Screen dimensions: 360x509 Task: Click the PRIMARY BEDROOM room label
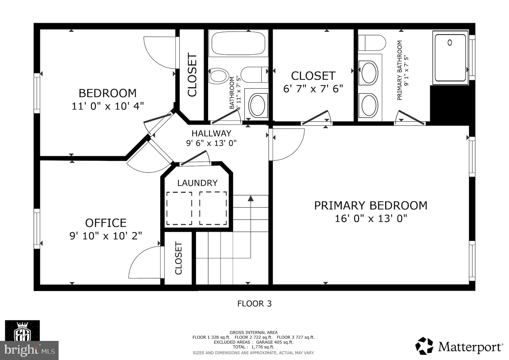tap(371, 206)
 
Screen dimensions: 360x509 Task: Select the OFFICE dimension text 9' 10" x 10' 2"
tap(106, 236)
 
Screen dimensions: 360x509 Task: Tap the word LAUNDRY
tap(197, 183)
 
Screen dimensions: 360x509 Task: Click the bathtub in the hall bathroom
tap(238, 43)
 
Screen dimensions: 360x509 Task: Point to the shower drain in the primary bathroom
tap(450, 42)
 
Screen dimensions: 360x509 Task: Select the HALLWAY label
tap(211, 133)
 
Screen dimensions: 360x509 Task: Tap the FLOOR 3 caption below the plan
tap(254, 304)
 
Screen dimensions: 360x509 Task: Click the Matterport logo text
tap(470, 347)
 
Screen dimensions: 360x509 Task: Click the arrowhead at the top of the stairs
tap(251, 198)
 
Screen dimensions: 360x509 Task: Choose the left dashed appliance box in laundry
tap(179, 208)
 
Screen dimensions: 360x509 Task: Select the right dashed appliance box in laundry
tap(213, 208)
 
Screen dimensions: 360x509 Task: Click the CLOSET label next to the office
tap(178, 258)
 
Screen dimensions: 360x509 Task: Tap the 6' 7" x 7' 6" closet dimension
tap(313, 89)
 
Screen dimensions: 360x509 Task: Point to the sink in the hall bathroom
tap(257, 106)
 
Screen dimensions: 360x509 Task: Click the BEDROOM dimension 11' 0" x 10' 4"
tap(108, 106)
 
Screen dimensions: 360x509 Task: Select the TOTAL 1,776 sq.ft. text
tap(253, 347)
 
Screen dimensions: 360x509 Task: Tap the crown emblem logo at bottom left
tap(23, 331)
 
